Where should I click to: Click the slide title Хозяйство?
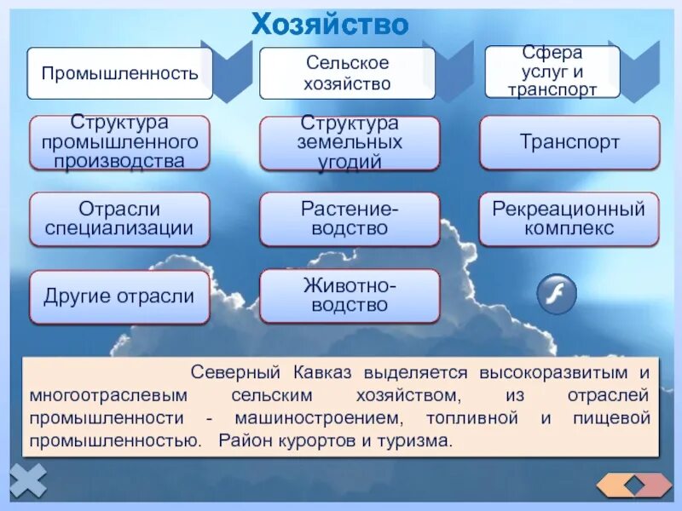point(330,23)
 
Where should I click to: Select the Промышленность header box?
point(119,73)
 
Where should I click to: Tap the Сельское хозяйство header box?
point(347,73)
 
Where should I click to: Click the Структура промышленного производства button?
point(119,142)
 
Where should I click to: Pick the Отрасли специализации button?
point(119,219)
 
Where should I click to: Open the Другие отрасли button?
point(119,297)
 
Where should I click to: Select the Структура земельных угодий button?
point(350,142)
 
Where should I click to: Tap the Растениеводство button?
point(350,219)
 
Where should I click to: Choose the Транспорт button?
point(569,142)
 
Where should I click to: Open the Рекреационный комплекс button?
point(569,219)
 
